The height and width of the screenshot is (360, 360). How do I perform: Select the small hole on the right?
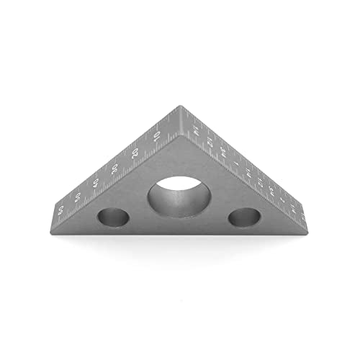coord(243,216)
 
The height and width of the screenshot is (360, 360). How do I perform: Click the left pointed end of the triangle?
coord(55,217)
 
